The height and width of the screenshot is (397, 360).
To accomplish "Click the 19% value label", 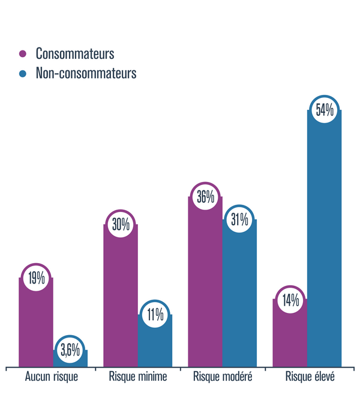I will (35, 278).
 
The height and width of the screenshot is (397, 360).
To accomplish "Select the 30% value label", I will (121, 225).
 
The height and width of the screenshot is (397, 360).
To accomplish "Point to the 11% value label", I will (155, 315).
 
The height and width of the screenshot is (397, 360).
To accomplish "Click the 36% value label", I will (205, 196).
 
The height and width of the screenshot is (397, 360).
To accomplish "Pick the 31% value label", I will (239, 220).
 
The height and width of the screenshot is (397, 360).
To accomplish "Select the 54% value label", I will (324, 111).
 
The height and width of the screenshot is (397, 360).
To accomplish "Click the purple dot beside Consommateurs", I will (23, 53).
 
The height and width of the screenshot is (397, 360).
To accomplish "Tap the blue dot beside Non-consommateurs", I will (23, 73).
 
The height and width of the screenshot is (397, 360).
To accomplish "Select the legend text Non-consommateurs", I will (86, 73).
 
